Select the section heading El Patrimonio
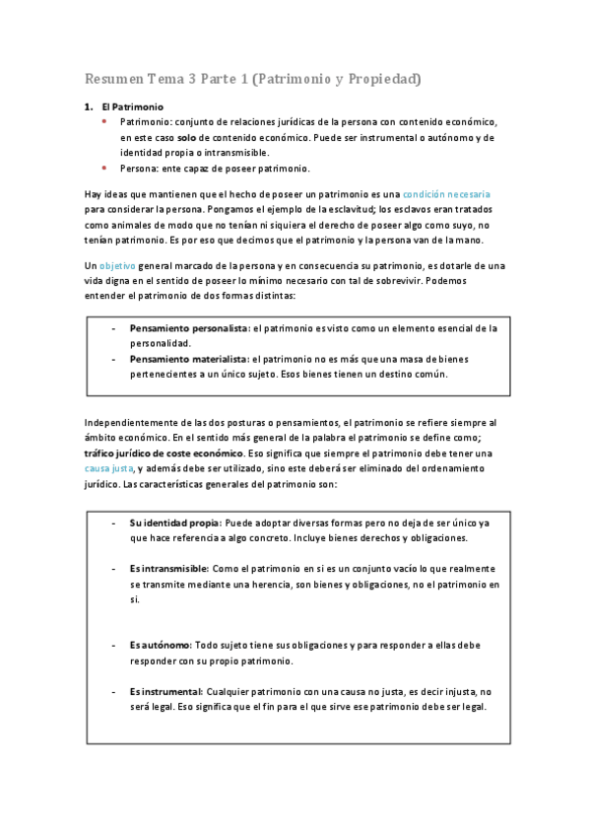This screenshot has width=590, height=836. point(132,105)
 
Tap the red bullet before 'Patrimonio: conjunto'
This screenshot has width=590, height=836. point(104,120)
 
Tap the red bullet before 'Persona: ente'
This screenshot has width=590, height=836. point(104,168)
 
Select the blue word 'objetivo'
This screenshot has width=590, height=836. point(117,266)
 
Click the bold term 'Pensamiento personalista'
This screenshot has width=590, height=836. point(187,327)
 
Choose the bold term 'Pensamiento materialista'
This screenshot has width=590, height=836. point(188,359)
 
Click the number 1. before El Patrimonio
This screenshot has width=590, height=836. point(88,105)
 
